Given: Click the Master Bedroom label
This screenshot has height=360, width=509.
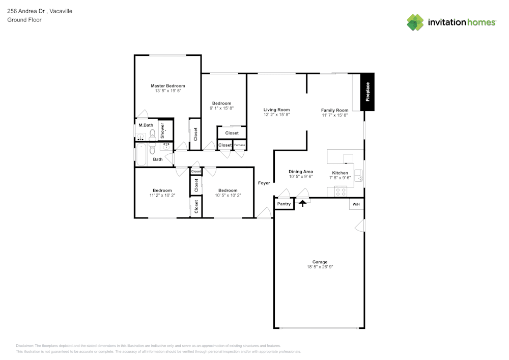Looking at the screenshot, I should pyautogui.click(x=167, y=86).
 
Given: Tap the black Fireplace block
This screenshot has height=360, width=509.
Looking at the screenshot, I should pyautogui.click(x=367, y=92).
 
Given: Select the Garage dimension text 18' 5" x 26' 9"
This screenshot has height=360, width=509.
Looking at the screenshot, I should pyautogui.click(x=320, y=267).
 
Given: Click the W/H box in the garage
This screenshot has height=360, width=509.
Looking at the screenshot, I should pyautogui.click(x=356, y=204).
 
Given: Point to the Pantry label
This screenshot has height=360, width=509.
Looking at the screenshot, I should pyautogui.click(x=284, y=204).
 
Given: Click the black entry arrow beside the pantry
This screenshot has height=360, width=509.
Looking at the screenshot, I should pyautogui.click(x=303, y=203).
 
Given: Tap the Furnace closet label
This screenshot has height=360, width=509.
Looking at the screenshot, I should pyautogui.click(x=239, y=145).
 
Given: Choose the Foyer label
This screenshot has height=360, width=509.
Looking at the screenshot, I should pyautogui.click(x=264, y=183).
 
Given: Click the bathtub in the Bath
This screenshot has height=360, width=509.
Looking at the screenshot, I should pyautogui.click(x=141, y=155).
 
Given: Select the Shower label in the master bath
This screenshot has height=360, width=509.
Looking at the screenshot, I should pyautogui.click(x=163, y=131).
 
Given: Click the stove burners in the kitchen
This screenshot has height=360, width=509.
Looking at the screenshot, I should pyautogui.click(x=341, y=192).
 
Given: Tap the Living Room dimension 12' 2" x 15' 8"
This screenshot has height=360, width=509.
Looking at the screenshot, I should pyautogui.click(x=276, y=115).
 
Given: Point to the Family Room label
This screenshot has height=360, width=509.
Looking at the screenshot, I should pyautogui.click(x=334, y=110).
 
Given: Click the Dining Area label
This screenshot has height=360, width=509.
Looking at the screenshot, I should pyautogui.click(x=300, y=172).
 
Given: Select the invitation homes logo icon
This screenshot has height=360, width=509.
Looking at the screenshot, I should pyautogui.click(x=415, y=22).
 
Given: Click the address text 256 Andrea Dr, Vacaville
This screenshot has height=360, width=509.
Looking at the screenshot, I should pyautogui.click(x=40, y=11).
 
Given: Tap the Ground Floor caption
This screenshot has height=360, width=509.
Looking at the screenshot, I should pyautogui.click(x=24, y=20).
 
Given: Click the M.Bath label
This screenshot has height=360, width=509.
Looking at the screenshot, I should pyautogui.click(x=146, y=125).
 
